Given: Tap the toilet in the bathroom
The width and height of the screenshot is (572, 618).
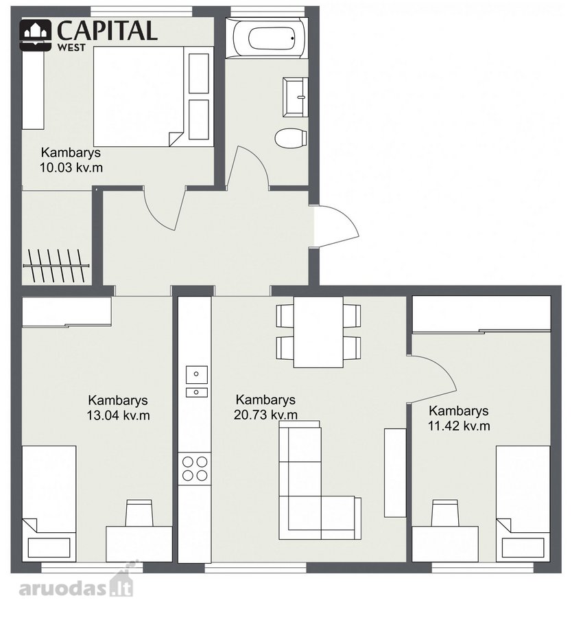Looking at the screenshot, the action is click(291, 138).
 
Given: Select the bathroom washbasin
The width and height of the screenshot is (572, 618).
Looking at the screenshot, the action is click(295, 97).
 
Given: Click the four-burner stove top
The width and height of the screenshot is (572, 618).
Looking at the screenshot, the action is click(195, 468).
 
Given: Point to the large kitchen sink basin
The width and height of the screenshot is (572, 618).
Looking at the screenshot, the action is click(196, 374).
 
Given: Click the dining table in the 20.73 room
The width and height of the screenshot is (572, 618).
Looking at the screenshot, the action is click(318, 332).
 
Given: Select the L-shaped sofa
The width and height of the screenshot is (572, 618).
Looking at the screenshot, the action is click(320, 480).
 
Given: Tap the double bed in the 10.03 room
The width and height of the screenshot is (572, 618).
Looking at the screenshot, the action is click(139, 97).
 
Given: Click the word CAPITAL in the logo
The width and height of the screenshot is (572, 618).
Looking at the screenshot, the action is click(107, 31).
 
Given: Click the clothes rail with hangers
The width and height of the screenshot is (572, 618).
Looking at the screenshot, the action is click(56, 266).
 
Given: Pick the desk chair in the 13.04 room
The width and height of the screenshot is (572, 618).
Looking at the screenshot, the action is click(139, 512).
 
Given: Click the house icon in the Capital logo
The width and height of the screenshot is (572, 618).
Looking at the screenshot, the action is click(36, 35).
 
